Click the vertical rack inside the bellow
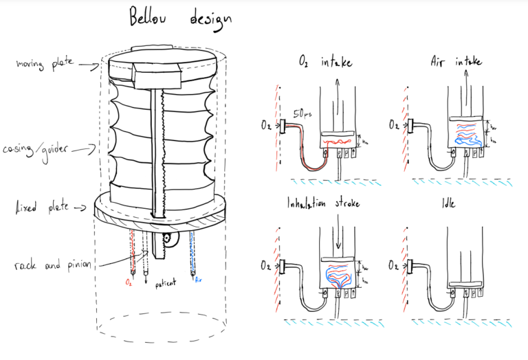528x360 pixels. (159, 151)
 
